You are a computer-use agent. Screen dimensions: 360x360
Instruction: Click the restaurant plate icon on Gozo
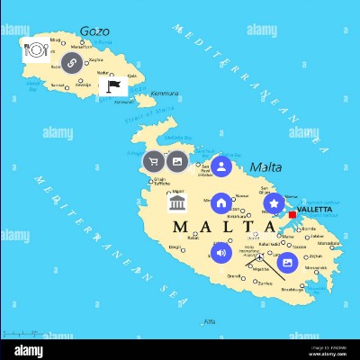36,51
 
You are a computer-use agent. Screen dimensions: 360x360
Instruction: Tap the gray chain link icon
71,62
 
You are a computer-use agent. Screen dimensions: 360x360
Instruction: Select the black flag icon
112,87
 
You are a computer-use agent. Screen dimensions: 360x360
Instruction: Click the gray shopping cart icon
154,162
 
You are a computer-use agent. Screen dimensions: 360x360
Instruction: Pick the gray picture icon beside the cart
178,162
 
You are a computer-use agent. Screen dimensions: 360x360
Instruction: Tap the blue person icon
221,166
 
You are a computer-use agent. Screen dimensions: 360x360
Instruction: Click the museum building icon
178,206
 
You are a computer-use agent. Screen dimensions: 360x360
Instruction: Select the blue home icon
221,203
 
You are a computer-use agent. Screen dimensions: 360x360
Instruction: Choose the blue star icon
274,203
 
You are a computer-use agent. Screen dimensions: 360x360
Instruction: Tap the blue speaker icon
221,253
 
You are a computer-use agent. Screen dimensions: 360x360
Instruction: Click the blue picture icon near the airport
287,263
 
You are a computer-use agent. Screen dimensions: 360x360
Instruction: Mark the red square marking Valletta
292,214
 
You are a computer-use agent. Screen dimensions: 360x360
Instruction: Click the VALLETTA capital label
314,209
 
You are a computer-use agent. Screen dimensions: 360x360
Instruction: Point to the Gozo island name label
94,31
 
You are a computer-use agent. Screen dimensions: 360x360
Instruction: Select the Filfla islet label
210,321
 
